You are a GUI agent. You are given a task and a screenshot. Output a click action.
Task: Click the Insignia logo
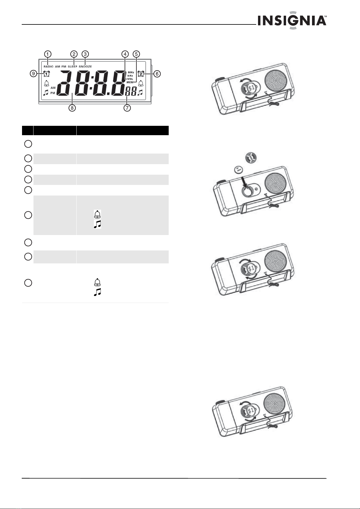coord(292,20)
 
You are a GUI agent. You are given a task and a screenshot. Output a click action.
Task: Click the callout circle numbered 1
coord(48,54)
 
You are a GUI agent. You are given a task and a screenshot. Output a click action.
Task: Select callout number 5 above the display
coord(136,54)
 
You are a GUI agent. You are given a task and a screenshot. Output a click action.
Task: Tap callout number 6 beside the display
coord(157,74)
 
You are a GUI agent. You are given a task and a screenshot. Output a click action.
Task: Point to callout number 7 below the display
coord(127,108)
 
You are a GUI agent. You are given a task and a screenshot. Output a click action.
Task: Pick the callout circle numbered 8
coord(72,108)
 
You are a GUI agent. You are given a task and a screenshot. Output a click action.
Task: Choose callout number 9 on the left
coord(33,74)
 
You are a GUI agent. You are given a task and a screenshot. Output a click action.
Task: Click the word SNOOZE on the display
coord(85,67)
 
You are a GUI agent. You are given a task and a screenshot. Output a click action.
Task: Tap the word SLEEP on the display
coord(72,67)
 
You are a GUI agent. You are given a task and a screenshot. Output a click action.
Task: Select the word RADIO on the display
coord(49,67)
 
